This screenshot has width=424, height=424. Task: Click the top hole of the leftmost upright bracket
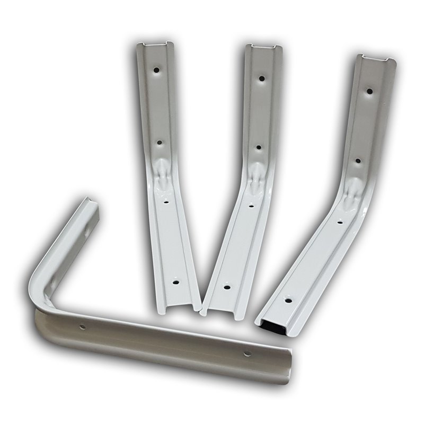coord(157,69)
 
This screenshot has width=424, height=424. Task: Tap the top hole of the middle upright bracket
coord(261,78)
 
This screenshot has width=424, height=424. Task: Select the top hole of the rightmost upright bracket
coord(369,91)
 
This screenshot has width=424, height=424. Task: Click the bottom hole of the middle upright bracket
coord(227,287)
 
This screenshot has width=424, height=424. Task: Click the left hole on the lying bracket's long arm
coord(82,326)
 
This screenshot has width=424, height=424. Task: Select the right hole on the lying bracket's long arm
coord(246,353)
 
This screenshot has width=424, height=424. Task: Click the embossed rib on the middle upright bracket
coord(255,175)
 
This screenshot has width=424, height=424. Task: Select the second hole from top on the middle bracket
coord(258,147)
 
